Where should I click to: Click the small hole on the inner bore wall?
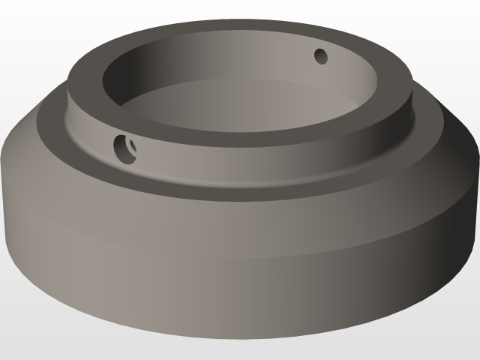coord(321,55)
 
